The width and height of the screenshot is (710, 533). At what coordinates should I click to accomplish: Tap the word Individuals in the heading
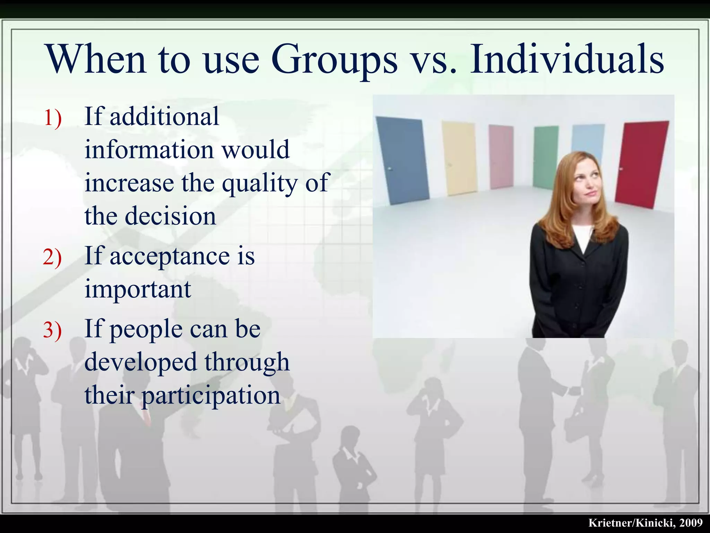(x=567, y=59)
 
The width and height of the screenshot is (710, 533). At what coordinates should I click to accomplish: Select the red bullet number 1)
(x=52, y=118)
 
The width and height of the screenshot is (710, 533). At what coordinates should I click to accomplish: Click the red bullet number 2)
(x=52, y=257)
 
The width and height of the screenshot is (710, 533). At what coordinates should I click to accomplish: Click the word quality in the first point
(x=259, y=183)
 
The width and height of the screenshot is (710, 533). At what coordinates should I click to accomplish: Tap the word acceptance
(x=170, y=256)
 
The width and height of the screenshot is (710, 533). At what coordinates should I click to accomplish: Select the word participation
(x=211, y=396)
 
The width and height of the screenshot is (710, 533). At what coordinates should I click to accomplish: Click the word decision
(x=170, y=216)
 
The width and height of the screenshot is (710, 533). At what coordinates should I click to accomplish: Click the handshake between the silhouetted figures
(x=574, y=390)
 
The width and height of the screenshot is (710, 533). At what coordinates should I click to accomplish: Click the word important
(x=138, y=289)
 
